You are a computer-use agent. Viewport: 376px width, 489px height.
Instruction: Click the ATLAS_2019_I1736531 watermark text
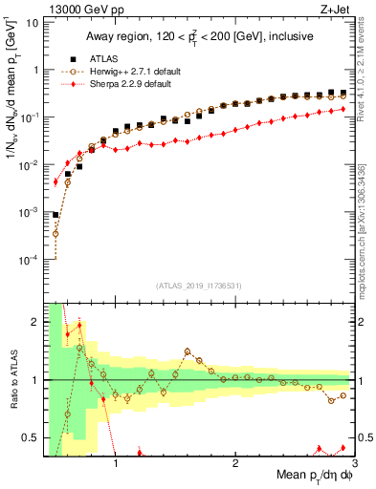click(198, 285)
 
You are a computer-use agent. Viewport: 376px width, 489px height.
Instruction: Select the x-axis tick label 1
click(116, 465)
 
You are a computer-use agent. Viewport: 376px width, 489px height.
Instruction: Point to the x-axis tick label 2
click(235, 465)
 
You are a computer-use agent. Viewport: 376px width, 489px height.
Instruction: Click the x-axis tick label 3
click(353, 465)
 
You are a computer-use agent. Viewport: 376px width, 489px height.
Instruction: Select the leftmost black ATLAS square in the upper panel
click(55, 216)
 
